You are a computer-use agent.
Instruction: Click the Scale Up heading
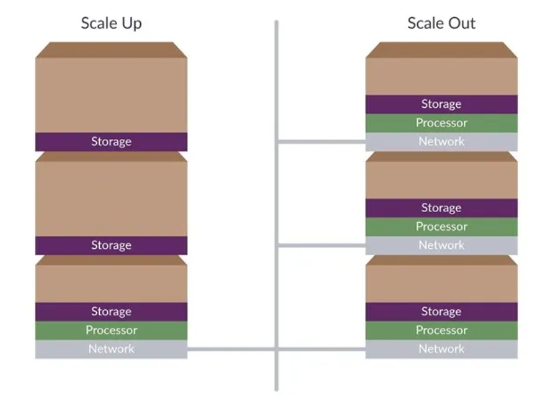pos(112,23)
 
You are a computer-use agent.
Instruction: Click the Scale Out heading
pos(441,23)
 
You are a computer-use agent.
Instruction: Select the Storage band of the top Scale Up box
pos(111,142)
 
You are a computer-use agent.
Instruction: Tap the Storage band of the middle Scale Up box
pos(111,245)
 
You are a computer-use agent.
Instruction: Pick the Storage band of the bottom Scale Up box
pos(111,312)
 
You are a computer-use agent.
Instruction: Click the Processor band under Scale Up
pos(111,331)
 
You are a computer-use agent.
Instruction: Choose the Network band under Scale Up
pos(111,349)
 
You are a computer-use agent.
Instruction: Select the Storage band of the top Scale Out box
pos(441,104)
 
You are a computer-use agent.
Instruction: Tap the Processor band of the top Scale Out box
pos(441,123)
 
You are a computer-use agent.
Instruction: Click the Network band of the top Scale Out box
pos(441,142)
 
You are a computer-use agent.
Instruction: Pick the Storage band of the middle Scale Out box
pos(441,208)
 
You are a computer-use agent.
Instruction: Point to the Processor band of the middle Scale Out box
pos(441,227)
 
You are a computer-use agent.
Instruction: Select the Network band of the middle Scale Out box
pos(441,245)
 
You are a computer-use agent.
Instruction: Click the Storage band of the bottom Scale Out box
pos(441,312)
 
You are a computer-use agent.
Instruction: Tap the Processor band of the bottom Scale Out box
pos(441,331)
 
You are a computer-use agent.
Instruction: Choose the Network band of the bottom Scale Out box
pos(441,349)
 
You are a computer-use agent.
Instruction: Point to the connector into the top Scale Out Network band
pos(322,142)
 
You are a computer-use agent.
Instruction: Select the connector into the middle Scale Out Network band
pos(322,245)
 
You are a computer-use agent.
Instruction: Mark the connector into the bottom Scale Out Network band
pos(322,349)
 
